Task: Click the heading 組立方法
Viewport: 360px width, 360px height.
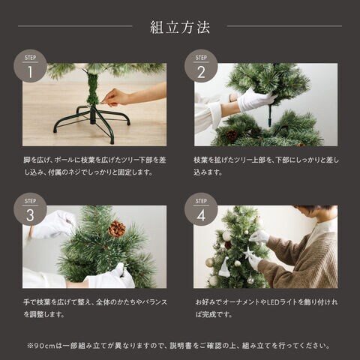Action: click(x=180, y=27)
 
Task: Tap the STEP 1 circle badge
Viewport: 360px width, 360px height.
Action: click(x=30, y=66)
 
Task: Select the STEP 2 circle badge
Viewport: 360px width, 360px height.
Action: click(x=201, y=66)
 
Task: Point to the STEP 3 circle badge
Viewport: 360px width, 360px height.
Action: click(x=30, y=209)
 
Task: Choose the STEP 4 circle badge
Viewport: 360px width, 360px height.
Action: click(x=201, y=209)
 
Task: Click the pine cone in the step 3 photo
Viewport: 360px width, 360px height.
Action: click(x=117, y=229)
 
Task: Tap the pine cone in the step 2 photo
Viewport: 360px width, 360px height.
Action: click(x=232, y=135)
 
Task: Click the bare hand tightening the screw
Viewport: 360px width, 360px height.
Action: click(x=116, y=97)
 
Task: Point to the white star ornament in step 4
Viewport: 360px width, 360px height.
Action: click(x=248, y=253)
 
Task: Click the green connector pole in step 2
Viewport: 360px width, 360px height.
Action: click(x=270, y=113)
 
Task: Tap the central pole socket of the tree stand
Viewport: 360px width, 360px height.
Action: click(x=93, y=115)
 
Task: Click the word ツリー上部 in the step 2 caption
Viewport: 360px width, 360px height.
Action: click(x=243, y=160)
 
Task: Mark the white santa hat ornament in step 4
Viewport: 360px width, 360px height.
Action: click(x=224, y=268)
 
